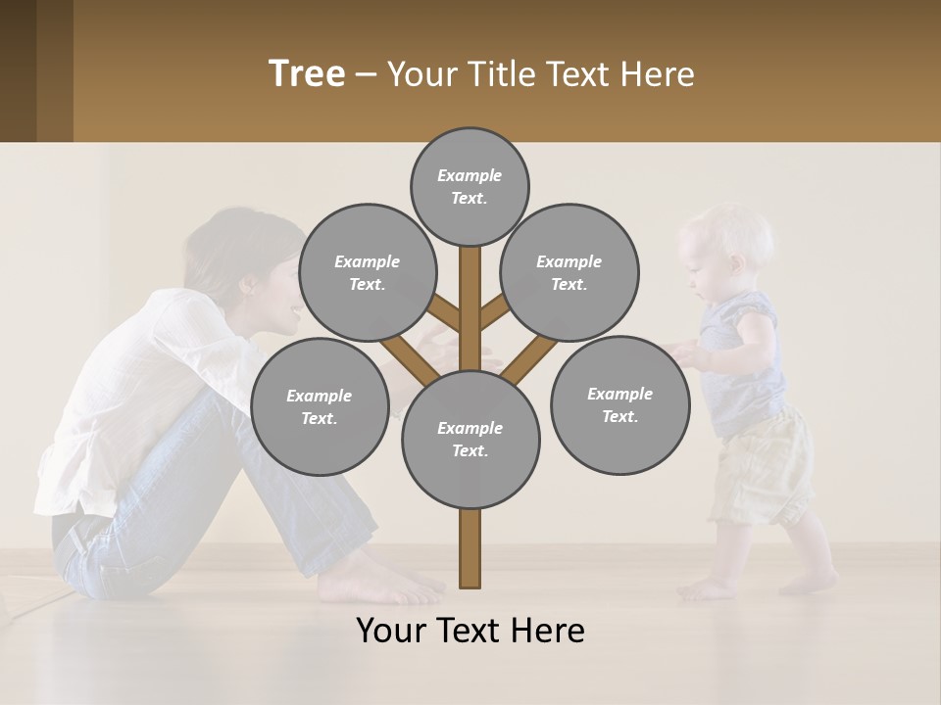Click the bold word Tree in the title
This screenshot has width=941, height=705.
[x=307, y=74]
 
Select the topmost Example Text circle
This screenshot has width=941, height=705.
[x=470, y=186]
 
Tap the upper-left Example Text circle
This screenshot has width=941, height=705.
[x=367, y=272]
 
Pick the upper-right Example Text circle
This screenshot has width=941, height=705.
[x=570, y=272]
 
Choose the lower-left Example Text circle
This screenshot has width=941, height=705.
[x=320, y=406]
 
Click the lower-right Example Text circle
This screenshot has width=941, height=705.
[x=619, y=404]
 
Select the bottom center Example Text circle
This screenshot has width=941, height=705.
[x=470, y=439]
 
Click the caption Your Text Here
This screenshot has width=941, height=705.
[x=470, y=631]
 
